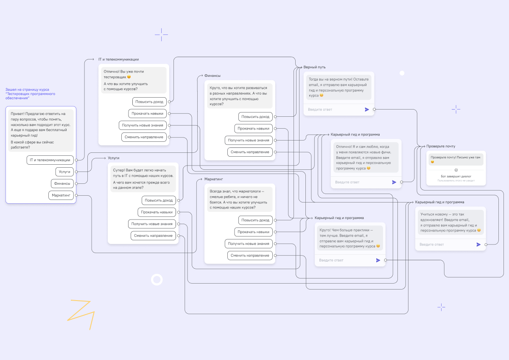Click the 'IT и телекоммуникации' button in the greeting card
50,160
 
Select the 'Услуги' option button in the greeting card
64,172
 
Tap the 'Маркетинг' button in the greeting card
61,195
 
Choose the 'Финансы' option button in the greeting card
62,183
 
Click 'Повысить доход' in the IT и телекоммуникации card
149,101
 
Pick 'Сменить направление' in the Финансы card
250,152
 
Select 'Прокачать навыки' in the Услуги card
157,212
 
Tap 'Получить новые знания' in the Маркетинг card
249,244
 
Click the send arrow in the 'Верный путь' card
367,110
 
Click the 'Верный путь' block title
314,67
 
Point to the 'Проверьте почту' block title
441,146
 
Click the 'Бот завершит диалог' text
456,176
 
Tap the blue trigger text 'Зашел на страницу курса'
27,90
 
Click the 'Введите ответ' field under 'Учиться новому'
431,245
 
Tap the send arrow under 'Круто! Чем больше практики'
378,260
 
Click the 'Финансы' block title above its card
212,76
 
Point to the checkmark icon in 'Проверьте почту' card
456,170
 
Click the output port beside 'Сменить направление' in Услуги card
179,236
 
